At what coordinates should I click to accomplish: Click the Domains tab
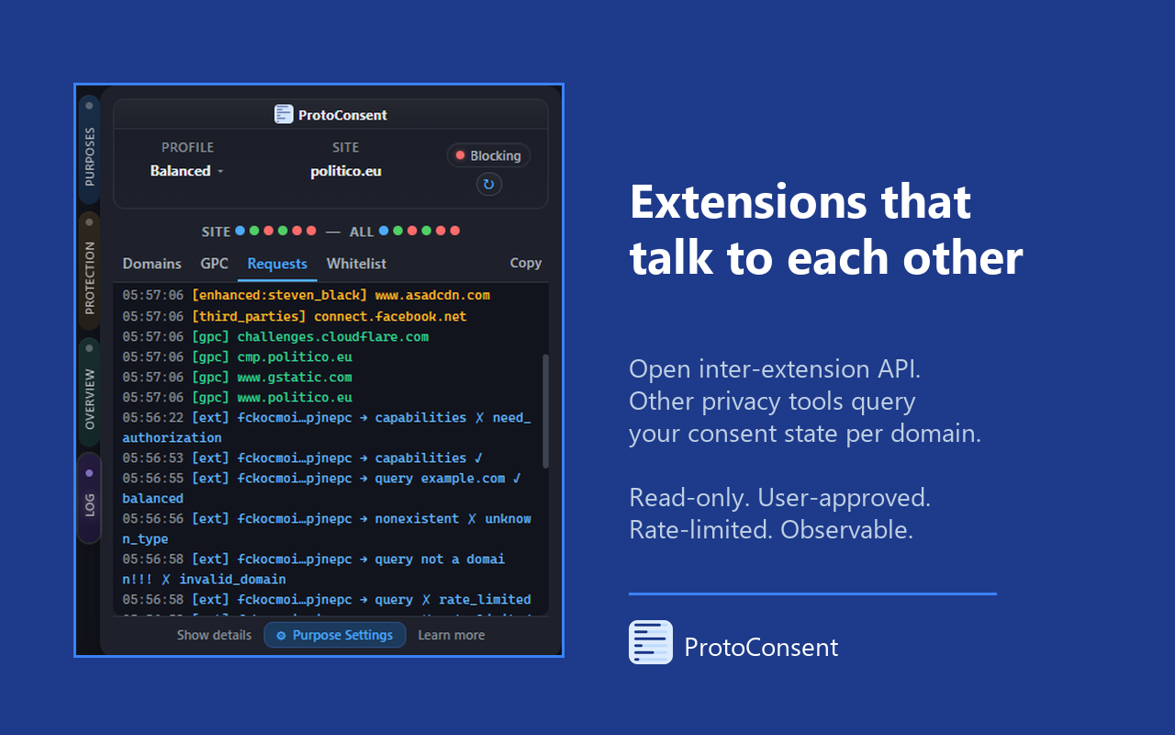pos(151,264)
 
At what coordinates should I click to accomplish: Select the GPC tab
pos(214,264)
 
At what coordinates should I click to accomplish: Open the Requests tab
pos(277,264)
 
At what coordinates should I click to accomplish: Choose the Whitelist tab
pos(356,264)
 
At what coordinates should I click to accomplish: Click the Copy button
pos(525,263)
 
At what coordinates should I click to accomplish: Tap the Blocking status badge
pos(488,155)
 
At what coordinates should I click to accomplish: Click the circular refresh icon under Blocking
pos(488,185)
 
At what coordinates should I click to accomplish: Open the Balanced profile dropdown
pos(186,171)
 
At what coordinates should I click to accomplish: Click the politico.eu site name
pos(345,171)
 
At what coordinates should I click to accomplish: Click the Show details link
pos(214,635)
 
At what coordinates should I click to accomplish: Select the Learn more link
pos(451,635)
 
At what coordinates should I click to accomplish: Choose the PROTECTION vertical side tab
pos(89,272)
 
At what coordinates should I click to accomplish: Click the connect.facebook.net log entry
pos(390,316)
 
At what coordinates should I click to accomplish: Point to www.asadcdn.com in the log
pos(431,296)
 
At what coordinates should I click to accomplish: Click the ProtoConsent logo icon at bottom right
pos(651,642)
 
